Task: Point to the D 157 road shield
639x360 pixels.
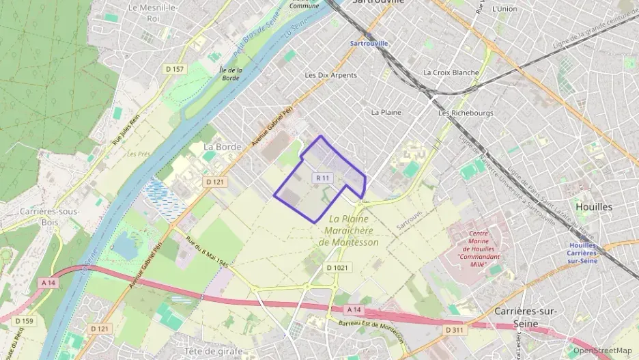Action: pos(175,69)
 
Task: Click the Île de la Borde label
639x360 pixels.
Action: pos(231,74)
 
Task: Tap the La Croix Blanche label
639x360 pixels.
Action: pos(451,72)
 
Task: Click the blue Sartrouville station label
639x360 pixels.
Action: pos(369,43)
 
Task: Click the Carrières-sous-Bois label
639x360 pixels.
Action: pos(50,216)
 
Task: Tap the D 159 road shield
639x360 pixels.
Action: pos(23,321)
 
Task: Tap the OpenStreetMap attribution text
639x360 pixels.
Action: pos(602,351)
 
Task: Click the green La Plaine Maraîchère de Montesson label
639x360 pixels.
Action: pos(348,230)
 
